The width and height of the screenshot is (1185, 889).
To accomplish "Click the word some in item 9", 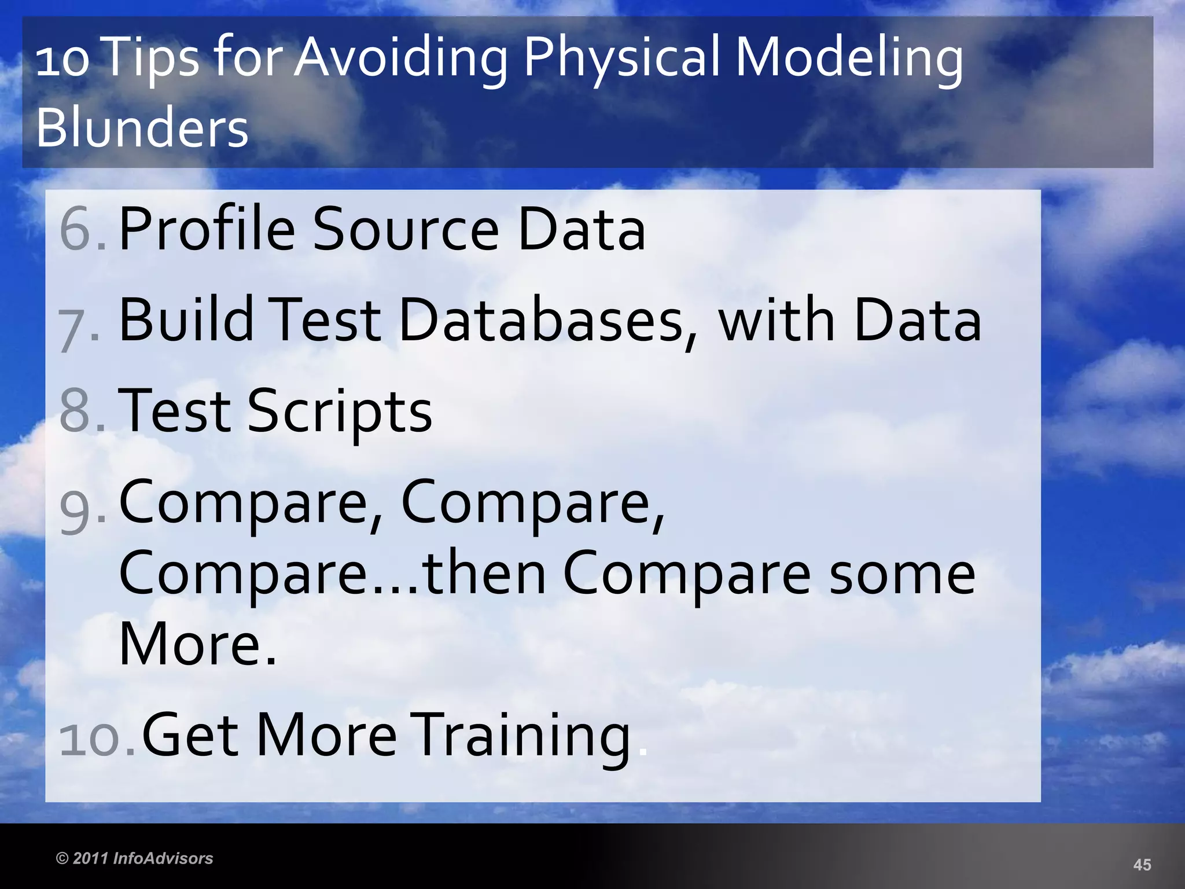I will pyautogui.click(x=902, y=574).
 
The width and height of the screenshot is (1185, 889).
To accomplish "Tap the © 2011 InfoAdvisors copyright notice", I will pyautogui.click(x=134, y=858).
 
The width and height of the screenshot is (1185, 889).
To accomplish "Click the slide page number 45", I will pyautogui.click(x=1142, y=865).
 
